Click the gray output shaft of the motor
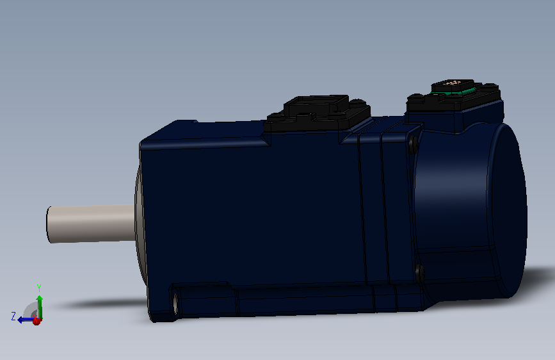tap(92, 223)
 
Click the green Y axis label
tap(39, 288)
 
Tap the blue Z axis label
tap(13, 316)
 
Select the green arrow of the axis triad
tap(40, 307)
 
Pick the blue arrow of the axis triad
tap(26, 320)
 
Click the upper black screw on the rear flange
tap(414, 145)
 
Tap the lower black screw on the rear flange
tap(419, 274)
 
